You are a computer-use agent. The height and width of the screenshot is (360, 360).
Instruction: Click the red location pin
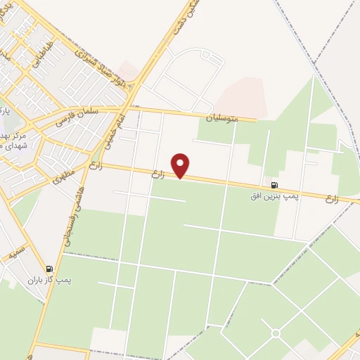click(x=181, y=165)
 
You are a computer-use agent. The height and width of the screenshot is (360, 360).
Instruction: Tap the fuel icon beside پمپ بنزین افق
click(x=273, y=185)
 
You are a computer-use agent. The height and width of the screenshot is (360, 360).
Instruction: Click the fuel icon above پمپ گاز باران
click(x=49, y=269)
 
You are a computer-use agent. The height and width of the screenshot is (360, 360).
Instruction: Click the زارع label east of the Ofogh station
click(x=332, y=199)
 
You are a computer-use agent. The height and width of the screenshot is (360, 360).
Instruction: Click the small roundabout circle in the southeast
click(x=276, y=333)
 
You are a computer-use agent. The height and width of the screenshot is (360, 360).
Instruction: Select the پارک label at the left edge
click(x=6, y=112)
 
